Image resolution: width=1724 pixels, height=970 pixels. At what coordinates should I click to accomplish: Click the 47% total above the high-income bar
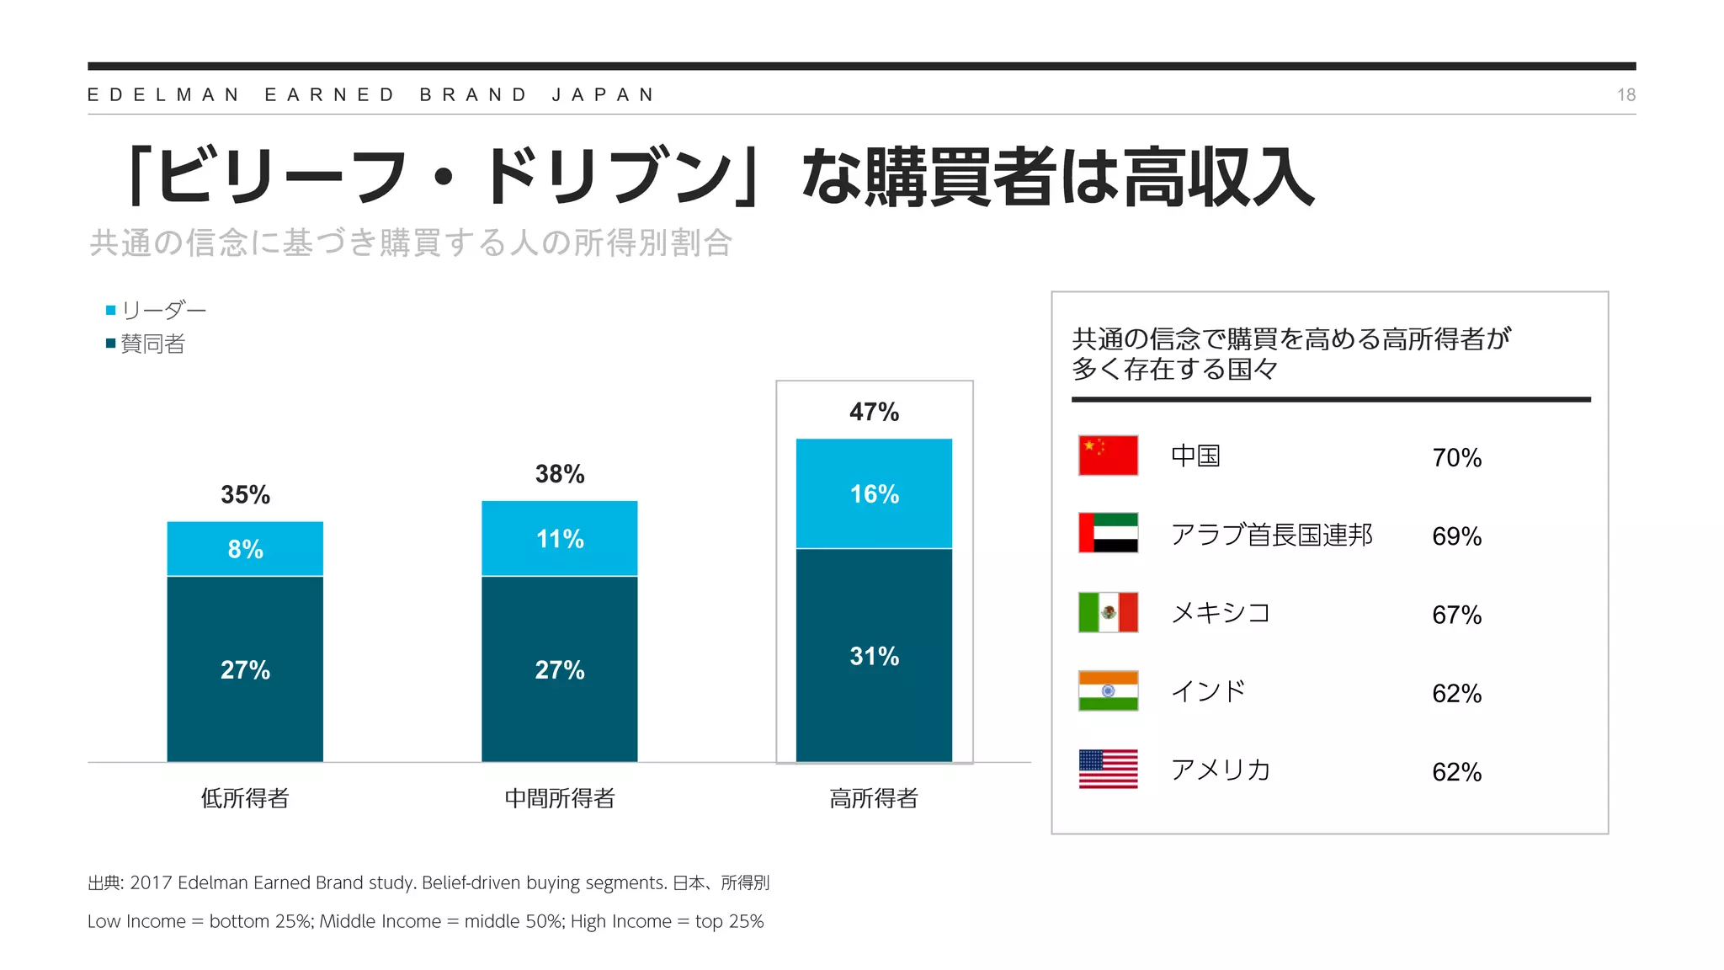click(x=874, y=412)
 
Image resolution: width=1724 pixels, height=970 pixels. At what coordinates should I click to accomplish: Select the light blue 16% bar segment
click(x=874, y=493)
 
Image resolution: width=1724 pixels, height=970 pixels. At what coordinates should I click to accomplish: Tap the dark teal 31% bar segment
click(x=874, y=655)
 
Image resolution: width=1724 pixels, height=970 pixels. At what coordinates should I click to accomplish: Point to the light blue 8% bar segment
click(x=245, y=549)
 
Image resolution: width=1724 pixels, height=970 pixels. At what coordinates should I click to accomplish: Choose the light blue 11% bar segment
click(x=560, y=539)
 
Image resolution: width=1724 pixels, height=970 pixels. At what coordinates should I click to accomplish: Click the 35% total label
click(x=245, y=494)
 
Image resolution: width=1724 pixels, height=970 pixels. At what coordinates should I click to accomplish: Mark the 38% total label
click(x=560, y=474)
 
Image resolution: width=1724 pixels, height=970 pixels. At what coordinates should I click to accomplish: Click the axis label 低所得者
click(x=245, y=798)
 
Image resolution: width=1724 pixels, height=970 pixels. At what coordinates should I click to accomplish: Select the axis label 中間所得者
click(x=560, y=798)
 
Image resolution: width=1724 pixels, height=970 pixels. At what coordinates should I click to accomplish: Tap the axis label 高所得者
click(x=874, y=798)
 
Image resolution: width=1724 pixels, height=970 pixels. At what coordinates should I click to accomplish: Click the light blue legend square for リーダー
click(x=110, y=311)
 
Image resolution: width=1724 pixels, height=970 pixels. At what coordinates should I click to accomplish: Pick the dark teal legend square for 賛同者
click(x=110, y=344)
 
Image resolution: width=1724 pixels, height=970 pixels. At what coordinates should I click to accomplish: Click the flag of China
click(x=1108, y=456)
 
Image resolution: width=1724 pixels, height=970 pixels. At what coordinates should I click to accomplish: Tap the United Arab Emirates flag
click(x=1108, y=533)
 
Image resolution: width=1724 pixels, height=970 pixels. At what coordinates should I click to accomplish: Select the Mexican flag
click(x=1108, y=612)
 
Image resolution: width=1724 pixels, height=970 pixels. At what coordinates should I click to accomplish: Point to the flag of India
click(x=1108, y=690)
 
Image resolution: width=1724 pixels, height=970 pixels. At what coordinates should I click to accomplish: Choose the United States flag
click(x=1108, y=769)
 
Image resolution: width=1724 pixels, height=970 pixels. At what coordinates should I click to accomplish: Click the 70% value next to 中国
click(x=1456, y=458)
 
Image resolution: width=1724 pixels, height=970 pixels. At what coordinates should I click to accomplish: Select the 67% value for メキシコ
click(x=1456, y=615)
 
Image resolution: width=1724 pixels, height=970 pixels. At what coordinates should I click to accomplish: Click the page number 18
click(x=1626, y=95)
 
